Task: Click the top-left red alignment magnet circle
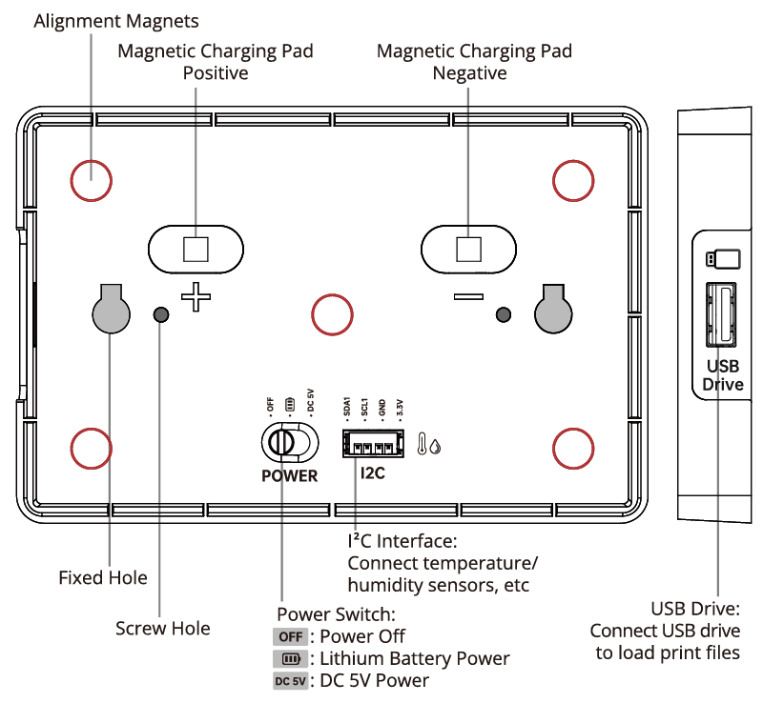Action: pos(92,180)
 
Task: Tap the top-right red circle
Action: pos(574,180)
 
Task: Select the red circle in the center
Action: pos(333,314)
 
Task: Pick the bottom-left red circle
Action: pos(92,447)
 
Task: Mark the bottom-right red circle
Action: pos(574,447)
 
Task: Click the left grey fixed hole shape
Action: pos(111,311)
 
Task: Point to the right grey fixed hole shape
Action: pos(553,311)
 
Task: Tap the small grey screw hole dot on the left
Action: pos(161,314)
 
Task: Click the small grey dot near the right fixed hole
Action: pos(504,314)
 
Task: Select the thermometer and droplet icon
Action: pos(428,444)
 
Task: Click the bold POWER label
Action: pos(289,475)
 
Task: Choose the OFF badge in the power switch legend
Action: pos(291,636)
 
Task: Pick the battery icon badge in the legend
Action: pos(291,658)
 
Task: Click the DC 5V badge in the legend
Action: pos(291,680)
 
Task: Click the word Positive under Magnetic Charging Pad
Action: pos(216,72)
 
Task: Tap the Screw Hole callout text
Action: pos(162,628)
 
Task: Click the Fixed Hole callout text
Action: pos(103,577)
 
